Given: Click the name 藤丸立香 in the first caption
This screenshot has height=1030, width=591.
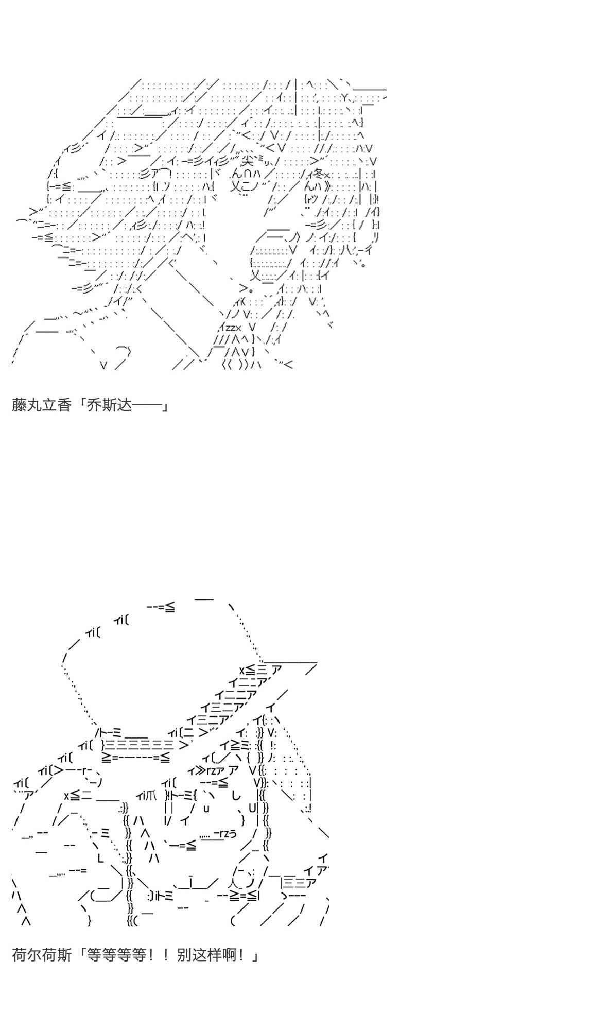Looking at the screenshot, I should point(41,406).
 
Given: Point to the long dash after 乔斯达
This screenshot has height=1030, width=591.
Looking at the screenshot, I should point(147,406).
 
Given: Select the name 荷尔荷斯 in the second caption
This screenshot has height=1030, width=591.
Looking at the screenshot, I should point(41,955).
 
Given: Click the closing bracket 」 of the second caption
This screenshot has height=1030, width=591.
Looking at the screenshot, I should point(255,956).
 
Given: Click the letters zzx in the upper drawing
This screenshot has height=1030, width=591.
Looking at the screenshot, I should point(231,328).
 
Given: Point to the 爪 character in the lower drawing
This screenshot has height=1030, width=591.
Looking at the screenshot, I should point(151,796).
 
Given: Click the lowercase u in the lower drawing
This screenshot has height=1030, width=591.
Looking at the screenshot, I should point(206,808).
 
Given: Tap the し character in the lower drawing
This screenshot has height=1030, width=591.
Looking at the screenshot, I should point(236,796).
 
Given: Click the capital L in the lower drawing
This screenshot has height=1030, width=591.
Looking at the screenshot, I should point(101,859).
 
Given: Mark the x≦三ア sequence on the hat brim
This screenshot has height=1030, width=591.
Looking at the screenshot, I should point(260,670).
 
